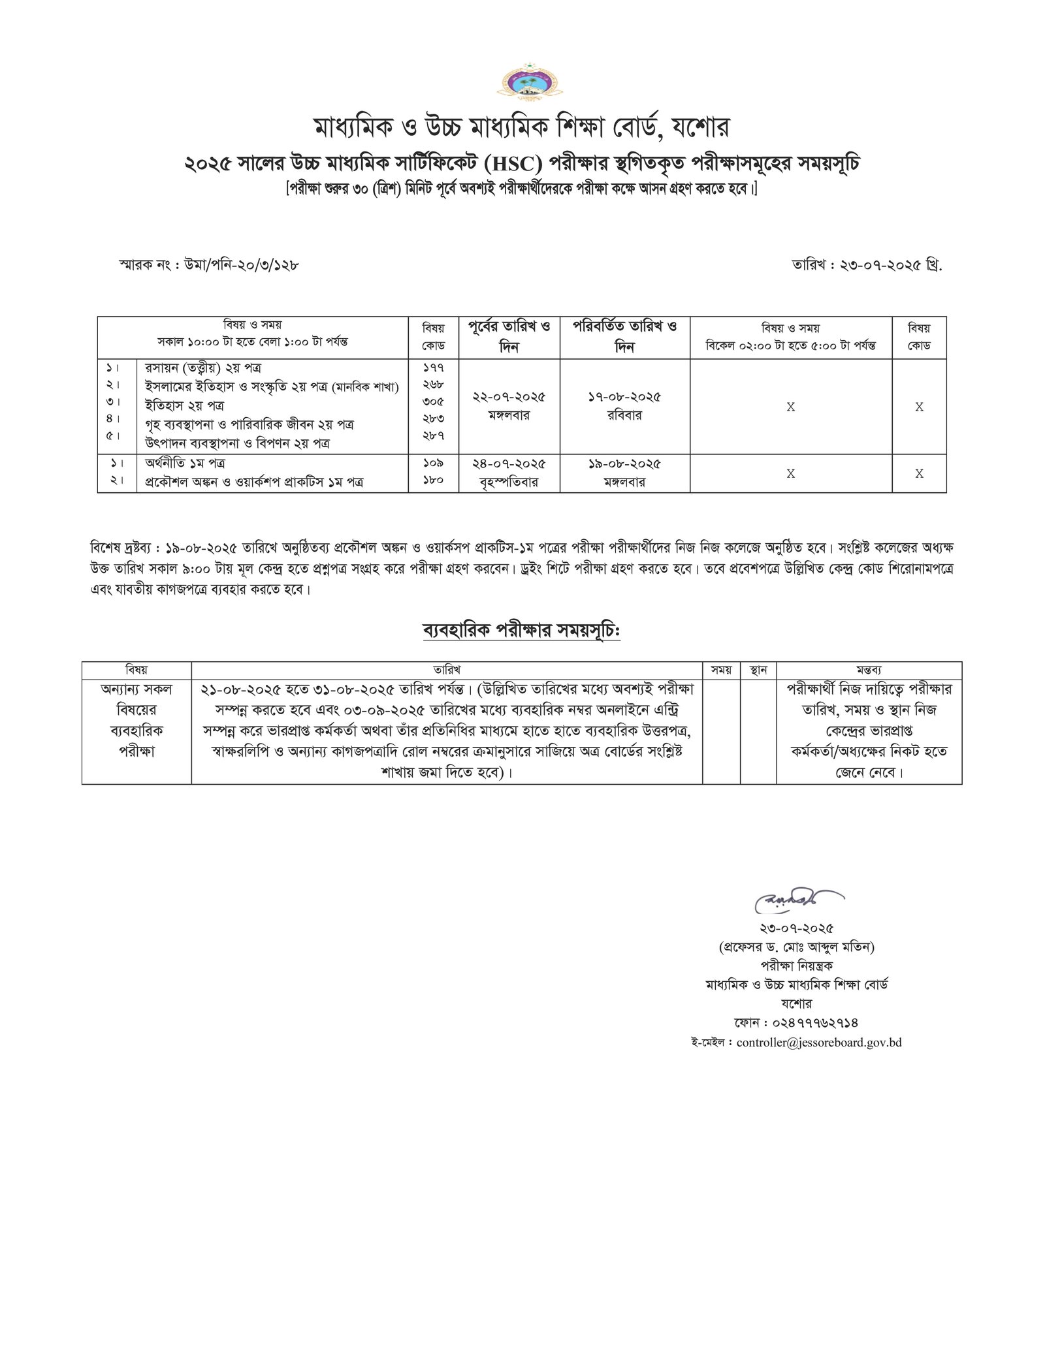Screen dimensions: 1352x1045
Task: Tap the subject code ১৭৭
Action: (433, 368)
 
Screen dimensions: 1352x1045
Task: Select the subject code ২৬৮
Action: (433, 386)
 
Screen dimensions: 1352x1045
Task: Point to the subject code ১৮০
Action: (433, 480)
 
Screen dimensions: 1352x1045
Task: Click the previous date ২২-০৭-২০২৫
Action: (509, 396)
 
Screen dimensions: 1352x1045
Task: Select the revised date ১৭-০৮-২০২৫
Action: (625, 396)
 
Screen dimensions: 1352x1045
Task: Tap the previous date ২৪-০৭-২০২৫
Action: (509, 464)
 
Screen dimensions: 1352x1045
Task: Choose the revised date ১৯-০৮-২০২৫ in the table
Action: (625, 464)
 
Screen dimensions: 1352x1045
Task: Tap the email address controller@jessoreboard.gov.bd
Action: (818, 1043)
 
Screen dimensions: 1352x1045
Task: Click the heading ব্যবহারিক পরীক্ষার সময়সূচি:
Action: (521, 631)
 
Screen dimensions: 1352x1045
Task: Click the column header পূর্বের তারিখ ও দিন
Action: (509, 337)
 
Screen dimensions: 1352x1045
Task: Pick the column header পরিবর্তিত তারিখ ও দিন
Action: (625, 337)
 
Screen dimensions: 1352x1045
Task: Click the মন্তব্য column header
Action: (869, 670)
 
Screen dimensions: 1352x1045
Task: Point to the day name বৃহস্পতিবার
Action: (509, 482)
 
